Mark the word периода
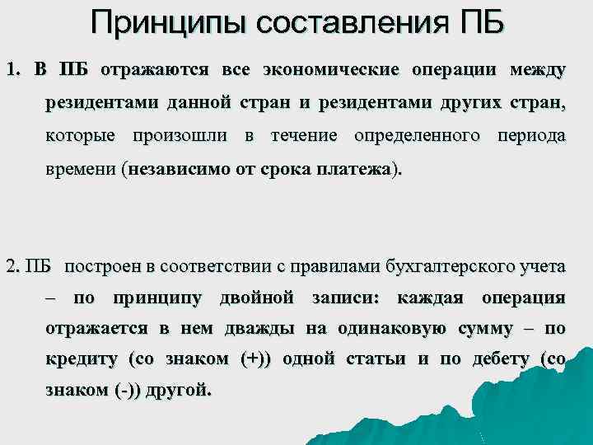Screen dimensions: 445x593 (532, 135)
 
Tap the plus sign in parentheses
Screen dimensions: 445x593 (254, 359)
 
